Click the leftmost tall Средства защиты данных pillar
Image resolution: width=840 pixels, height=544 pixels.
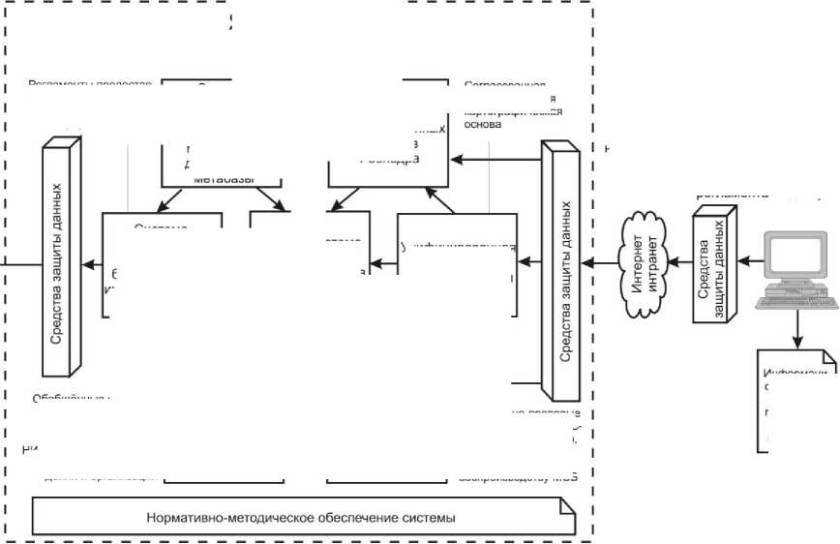(x=59, y=258)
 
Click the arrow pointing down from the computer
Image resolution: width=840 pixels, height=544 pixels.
(x=797, y=329)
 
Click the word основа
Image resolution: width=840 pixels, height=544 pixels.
(x=483, y=124)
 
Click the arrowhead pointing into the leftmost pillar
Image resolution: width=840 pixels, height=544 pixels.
(x=87, y=262)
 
